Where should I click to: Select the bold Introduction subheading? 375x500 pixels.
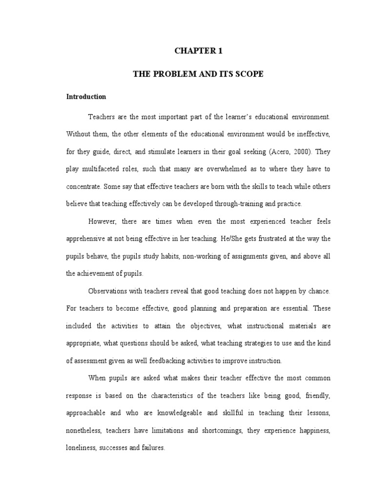[86, 97]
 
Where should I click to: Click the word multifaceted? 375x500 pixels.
[101, 169]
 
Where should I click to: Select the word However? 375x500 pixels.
[102, 221]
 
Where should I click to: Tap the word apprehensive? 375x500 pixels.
[88, 239]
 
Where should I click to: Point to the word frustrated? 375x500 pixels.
[279, 239]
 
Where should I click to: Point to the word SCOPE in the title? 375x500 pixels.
[250, 74]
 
